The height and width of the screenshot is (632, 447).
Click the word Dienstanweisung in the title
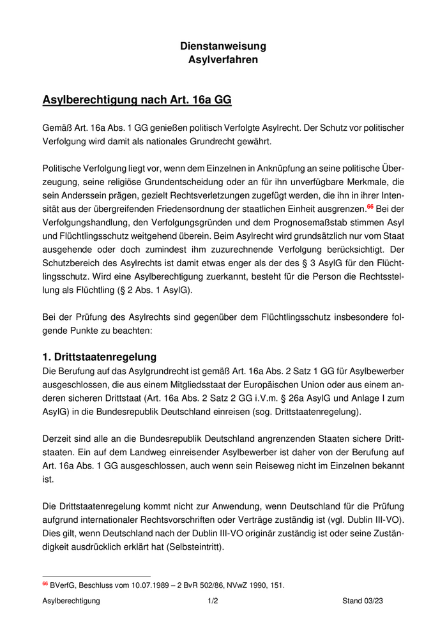click(x=223, y=46)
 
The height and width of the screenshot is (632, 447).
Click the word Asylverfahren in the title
click(x=223, y=60)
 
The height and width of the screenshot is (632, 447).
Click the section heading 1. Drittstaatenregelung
click(x=99, y=357)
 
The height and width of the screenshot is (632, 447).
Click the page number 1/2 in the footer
click(x=213, y=601)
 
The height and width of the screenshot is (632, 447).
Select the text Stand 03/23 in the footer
click(x=362, y=601)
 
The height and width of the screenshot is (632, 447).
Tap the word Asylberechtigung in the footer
click(x=72, y=601)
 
